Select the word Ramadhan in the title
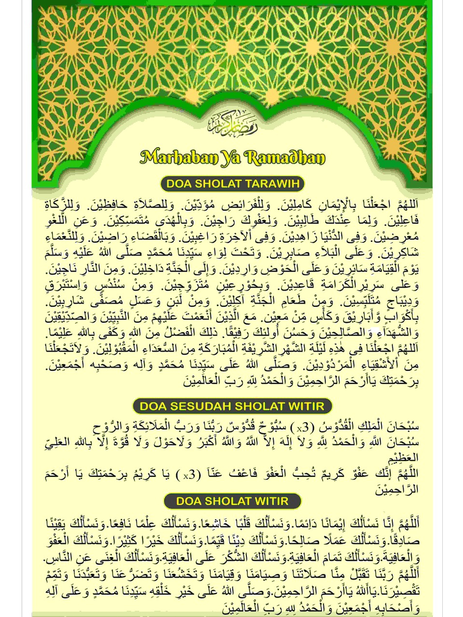285,157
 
